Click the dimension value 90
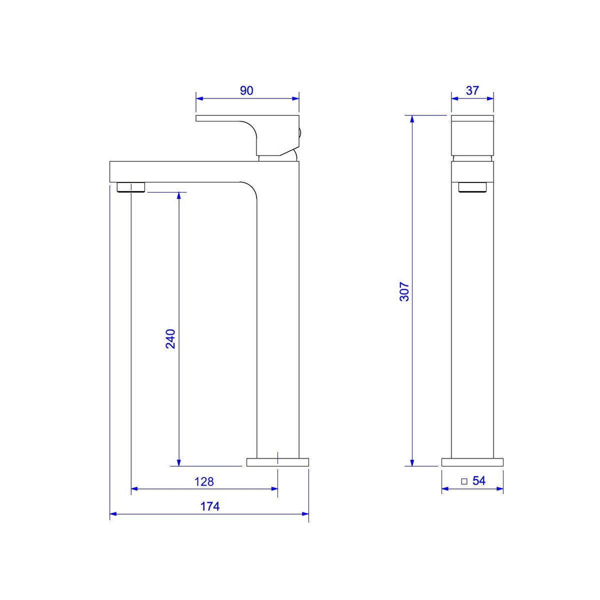[x=246, y=90]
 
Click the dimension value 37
[x=472, y=90]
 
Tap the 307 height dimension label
[x=404, y=291]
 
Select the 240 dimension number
[x=170, y=339]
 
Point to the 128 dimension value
[x=204, y=481]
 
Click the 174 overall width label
[x=210, y=506]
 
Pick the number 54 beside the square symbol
[x=479, y=480]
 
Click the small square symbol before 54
[x=464, y=481]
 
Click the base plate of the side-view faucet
[x=472, y=462]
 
